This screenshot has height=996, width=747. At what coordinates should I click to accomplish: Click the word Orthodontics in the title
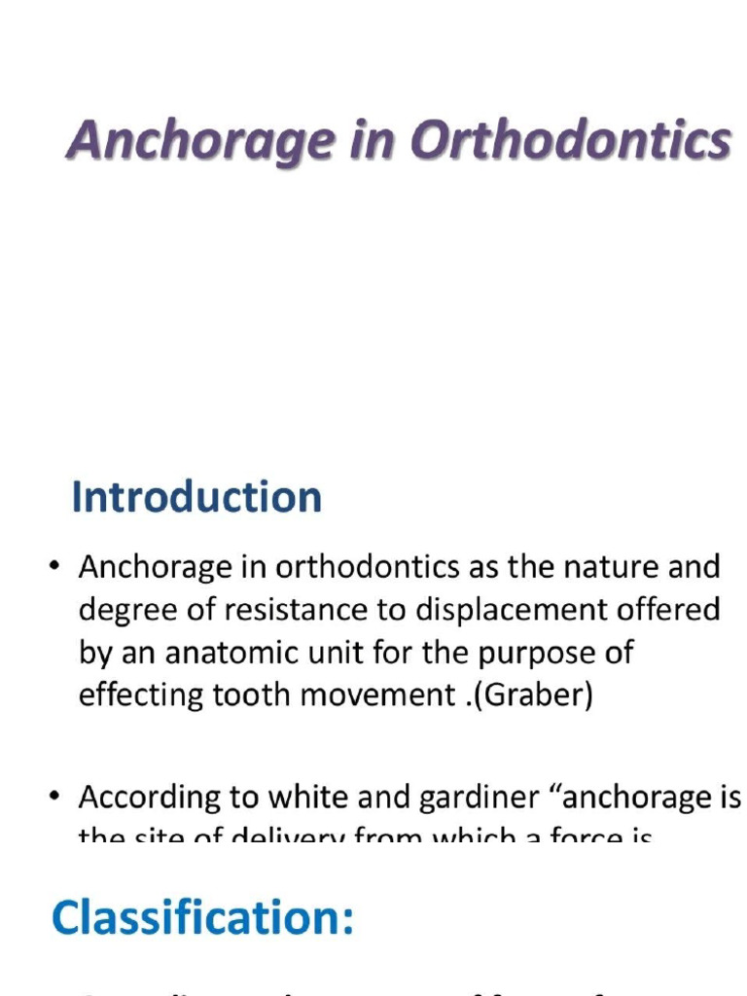(570, 143)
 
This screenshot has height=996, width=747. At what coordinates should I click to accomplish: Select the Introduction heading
(196, 497)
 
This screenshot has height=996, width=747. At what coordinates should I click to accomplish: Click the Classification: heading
(202, 917)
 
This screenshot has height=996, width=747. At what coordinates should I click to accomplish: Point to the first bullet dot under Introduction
(56, 567)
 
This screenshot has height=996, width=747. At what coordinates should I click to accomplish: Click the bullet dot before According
(56, 799)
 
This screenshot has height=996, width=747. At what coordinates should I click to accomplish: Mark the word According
(150, 799)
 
